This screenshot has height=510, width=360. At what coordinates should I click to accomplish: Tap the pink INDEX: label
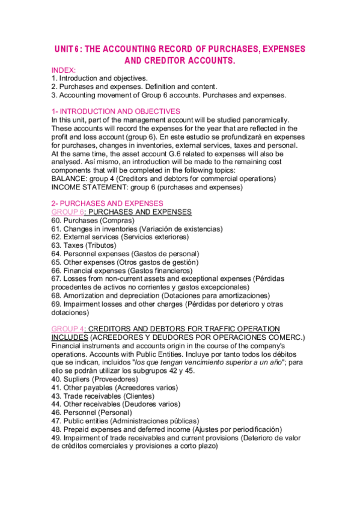(64, 70)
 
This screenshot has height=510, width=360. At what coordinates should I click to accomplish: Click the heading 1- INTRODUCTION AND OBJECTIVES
(115, 111)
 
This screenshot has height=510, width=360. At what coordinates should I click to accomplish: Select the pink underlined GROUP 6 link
(68, 212)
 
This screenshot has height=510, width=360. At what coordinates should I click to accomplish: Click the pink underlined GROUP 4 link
(68, 328)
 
